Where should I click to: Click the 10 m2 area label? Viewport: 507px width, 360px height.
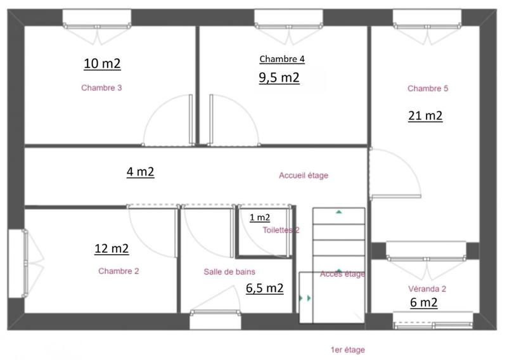pos(102,63)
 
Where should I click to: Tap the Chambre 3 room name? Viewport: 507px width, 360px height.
pos(101,88)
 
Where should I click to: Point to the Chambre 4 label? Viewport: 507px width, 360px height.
pos(282,59)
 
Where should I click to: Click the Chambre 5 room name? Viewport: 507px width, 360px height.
pos(428,89)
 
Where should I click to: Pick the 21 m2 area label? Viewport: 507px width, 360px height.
pos(424,115)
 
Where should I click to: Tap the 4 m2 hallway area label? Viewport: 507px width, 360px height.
pos(140,172)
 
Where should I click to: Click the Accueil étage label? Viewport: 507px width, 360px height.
pos(304,176)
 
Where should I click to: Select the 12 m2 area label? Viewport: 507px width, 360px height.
pos(112,248)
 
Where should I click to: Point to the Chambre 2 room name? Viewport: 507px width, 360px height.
pos(119,271)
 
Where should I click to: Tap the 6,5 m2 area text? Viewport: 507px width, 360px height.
pos(264,288)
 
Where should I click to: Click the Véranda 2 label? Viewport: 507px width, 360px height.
pos(428,288)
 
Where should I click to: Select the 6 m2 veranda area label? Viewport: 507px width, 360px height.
pos(423,302)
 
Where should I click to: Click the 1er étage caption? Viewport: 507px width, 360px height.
pos(347,349)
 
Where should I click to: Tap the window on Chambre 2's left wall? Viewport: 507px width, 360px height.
pos(17,262)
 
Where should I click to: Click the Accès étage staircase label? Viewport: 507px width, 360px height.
pos(342,274)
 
